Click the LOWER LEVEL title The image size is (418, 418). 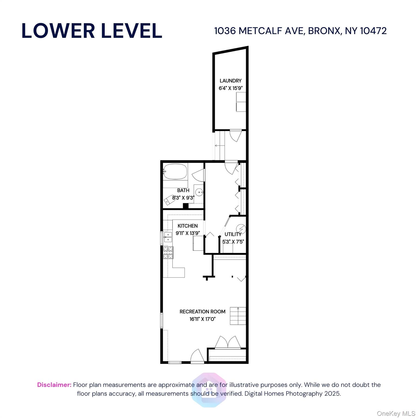coord(92,31)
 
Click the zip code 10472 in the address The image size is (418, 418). coord(373,31)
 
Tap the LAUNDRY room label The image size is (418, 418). coord(230,81)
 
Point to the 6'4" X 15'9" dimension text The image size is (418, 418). coord(230,88)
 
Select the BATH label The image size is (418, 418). coord(183,190)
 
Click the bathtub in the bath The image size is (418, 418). coord(176,171)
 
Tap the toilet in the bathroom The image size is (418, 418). coord(170,200)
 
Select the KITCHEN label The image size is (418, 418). coord(188,226)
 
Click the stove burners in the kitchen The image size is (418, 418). coord(168,252)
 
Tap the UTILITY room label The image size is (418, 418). coord(233,234)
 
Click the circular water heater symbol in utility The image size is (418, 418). coord(241,229)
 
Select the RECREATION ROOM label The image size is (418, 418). coord(202,312)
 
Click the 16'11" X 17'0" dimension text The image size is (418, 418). coord(202,319)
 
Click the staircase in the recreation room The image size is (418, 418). coord(238,316)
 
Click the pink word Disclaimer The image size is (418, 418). coord(54,385)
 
